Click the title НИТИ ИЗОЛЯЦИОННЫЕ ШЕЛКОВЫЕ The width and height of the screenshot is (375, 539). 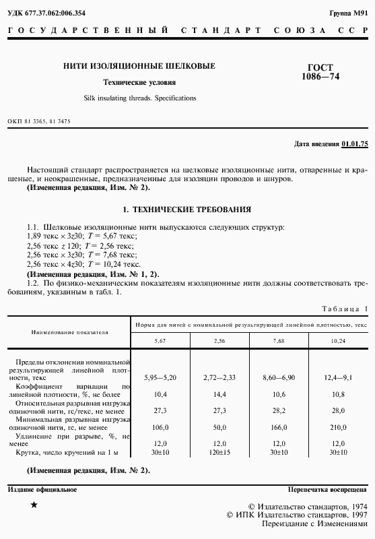tap(139, 66)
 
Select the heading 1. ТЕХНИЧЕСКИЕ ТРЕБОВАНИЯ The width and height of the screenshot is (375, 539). tap(188, 210)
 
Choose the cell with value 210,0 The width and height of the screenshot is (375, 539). tap(338, 426)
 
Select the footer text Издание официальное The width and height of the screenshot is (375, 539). tap(42, 490)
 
